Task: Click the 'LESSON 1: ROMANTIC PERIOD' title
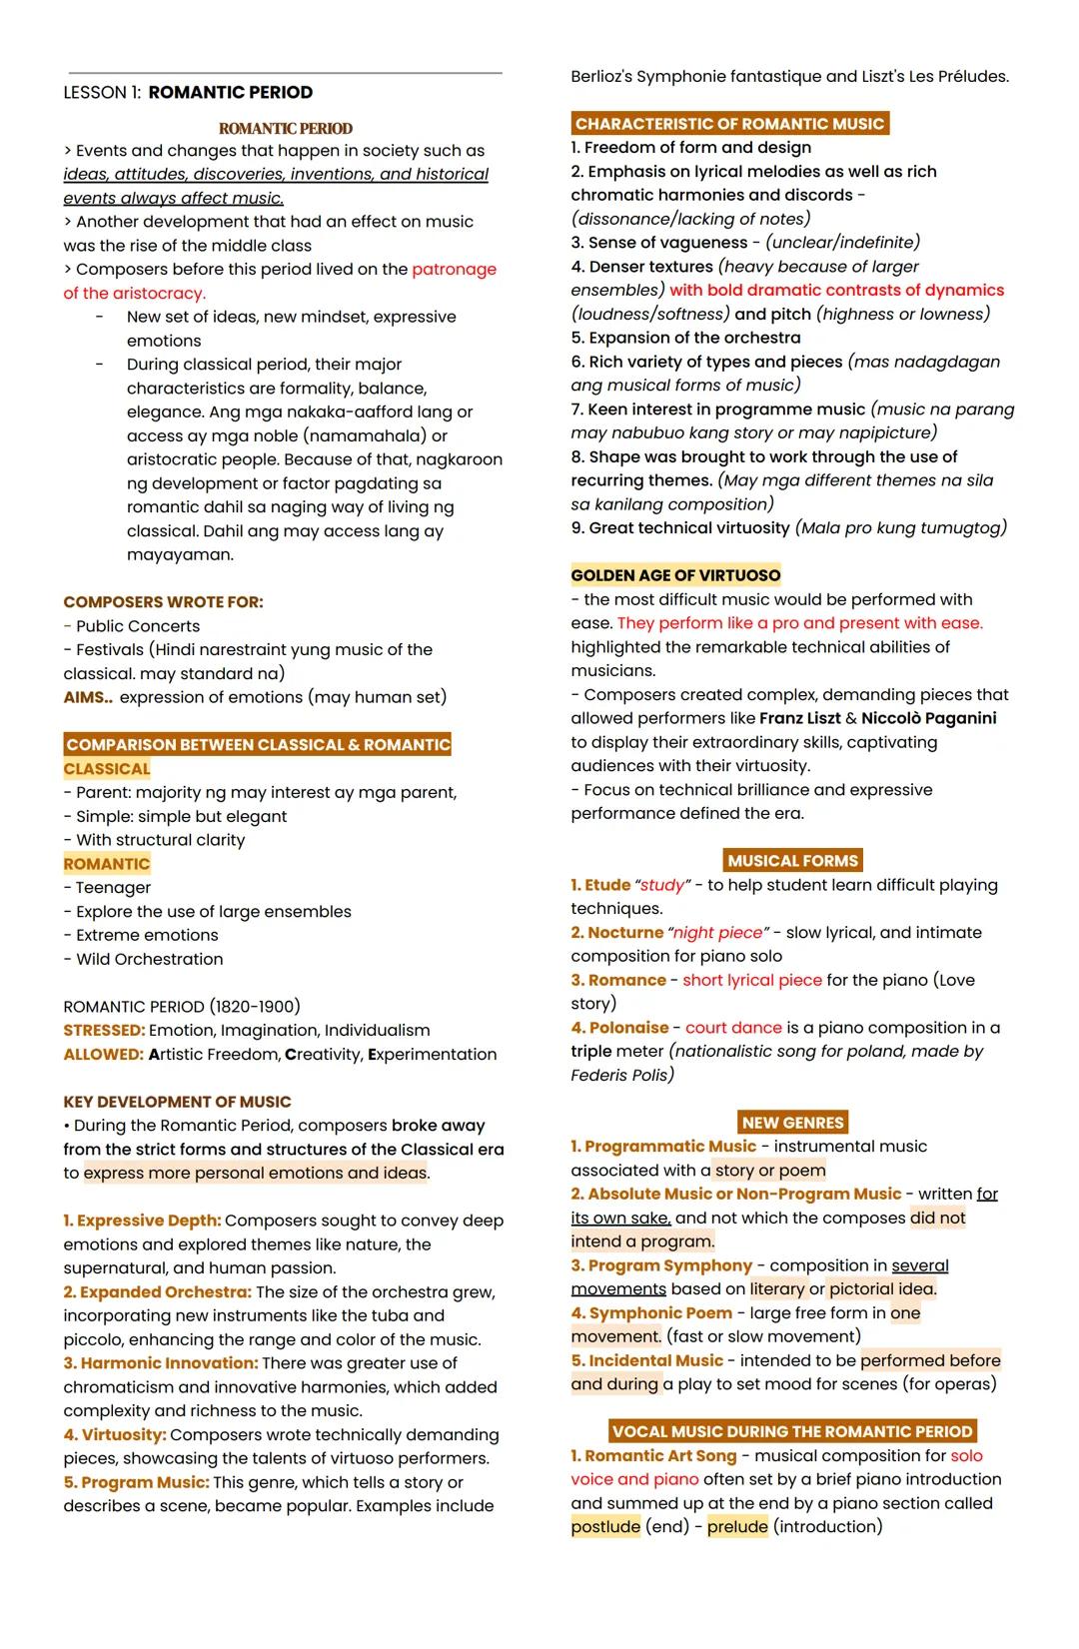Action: [x=188, y=93]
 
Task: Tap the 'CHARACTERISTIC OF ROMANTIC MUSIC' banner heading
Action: [x=729, y=124]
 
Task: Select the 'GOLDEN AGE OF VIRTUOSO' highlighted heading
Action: [x=675, y=575]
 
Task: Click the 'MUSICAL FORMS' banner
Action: [x=792, y=861]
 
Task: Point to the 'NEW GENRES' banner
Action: [x=792, y=1123]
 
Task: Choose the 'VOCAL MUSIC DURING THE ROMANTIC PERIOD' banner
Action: [x=792, y=1431]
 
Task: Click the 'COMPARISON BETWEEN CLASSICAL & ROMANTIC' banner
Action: [x=258, y=745]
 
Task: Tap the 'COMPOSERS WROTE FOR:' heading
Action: [x=163, y=602]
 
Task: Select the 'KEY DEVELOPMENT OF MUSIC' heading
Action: [x=177, y=1102]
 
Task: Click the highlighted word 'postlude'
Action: [x=605, y=1526]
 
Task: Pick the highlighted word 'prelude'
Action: [x=737, y=1526]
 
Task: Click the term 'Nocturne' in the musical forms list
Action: [x=624, y=932]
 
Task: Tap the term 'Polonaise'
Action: [x=627, y=1028]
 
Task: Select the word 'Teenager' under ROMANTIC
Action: [x=113, y=888]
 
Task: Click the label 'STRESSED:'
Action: [x=104, y=1030]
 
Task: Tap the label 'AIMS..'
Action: [x=88, y=697]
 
